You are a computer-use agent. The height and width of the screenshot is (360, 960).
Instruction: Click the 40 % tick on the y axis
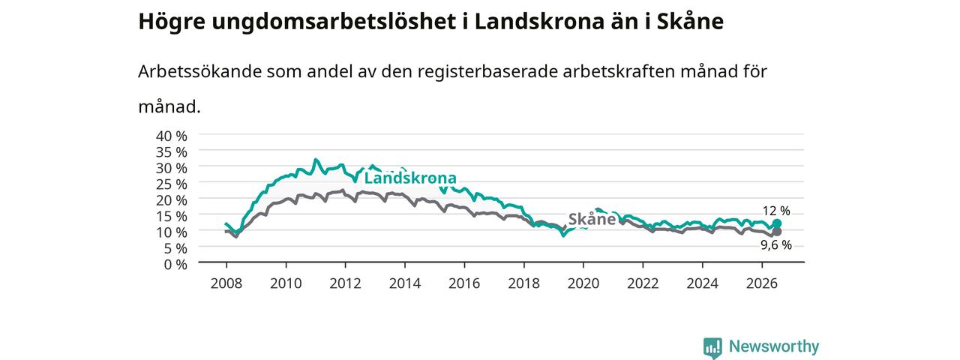click(172, 136)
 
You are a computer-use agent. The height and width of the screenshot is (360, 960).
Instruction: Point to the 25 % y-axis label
click(172, 184)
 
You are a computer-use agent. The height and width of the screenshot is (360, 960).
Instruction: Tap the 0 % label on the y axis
click(175, 265)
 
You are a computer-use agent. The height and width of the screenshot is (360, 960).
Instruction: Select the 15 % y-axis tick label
click(172, 216)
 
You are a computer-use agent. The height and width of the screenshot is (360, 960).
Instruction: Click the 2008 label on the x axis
click(226, 283)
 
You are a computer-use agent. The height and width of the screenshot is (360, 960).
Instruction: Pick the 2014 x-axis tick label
click(405, 283)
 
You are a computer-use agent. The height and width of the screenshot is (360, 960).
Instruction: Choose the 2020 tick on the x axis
click(583, 283)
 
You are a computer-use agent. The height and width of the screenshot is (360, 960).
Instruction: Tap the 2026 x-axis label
click(762, 283)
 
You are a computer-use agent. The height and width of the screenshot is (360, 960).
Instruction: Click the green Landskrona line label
click(410, 178)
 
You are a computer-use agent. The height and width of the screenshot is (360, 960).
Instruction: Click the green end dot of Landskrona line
click(777, 223)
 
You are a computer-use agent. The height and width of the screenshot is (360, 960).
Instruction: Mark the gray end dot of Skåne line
click(776, 232)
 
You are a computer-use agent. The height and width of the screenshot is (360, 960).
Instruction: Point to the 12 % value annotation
click(776, 211)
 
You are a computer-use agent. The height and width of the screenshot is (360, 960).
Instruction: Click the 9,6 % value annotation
click(776, 245)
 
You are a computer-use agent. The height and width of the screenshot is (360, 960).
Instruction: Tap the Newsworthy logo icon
click(712, 347)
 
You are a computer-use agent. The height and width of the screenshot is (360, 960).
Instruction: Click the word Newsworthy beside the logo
click(774, 346)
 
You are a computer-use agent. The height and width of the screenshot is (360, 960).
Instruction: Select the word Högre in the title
click(172, 22)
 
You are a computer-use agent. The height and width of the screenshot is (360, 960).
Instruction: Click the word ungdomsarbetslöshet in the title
click(334, 22)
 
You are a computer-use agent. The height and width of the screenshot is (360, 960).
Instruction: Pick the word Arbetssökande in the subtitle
click(199, 71)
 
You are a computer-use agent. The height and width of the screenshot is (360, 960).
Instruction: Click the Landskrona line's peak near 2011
click(316, 160)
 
